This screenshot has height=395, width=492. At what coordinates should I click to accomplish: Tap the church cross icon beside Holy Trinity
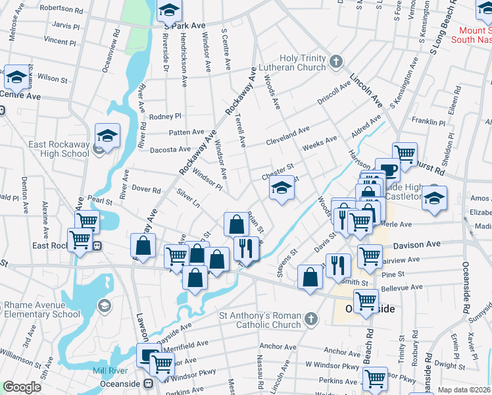click(336, 63)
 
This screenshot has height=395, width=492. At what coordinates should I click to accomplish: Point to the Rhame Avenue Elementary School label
click(43, 309)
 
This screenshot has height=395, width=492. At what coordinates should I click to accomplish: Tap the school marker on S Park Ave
click(169, 11)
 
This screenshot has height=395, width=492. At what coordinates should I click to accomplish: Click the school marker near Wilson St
click(16, 78)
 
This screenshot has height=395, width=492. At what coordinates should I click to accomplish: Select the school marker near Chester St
click(282, 190)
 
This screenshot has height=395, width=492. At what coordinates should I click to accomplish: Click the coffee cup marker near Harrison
click(388, 170)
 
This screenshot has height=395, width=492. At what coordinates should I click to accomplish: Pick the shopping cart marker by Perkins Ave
click(375, 379)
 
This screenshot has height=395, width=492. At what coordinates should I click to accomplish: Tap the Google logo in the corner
click(22, 387)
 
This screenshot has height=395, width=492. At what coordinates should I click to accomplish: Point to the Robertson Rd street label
click(61, 9)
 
